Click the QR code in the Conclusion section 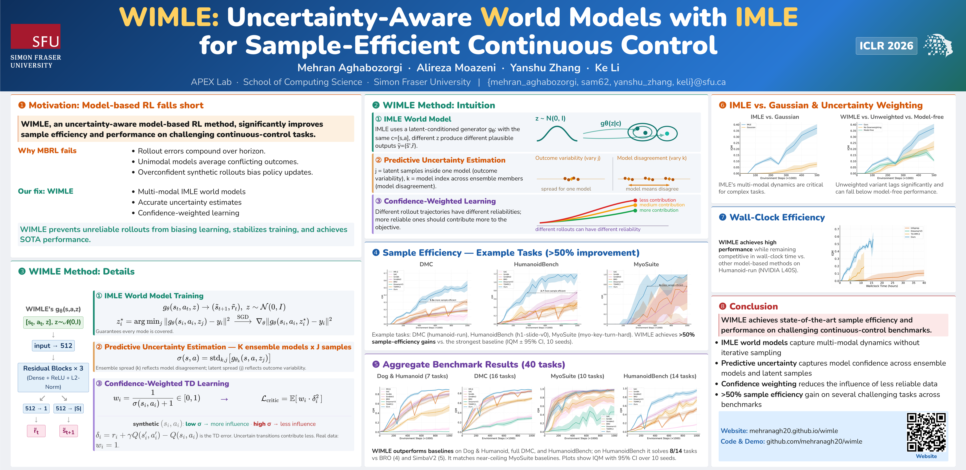click(926, 432)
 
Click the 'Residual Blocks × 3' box click(53, 377)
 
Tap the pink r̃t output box click(36, 431)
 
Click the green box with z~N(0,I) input click(53, 322)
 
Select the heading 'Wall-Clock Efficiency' click(777, 218)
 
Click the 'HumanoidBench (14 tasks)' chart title click(660, 376)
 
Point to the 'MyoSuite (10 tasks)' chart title click(577, 376)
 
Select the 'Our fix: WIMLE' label click(46, 191)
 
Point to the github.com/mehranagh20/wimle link click(814, 442)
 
